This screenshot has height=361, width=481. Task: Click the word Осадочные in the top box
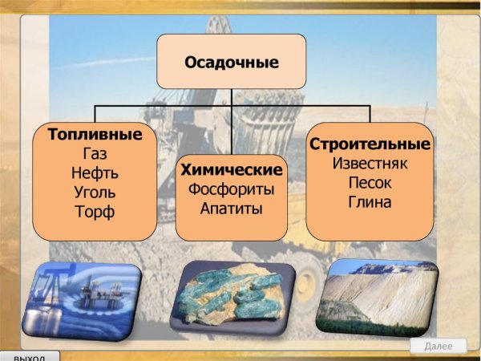coord(232,61)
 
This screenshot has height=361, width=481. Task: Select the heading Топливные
coord(95,133)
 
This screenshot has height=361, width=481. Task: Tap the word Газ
coord(95,153)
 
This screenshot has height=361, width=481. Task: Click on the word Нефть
coord(95,172)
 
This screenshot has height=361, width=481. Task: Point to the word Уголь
coord(95,193)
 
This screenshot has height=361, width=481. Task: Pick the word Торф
coord(95,213)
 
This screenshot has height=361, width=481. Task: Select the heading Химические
coord(232,170)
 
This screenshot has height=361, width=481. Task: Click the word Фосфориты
coord(232,190)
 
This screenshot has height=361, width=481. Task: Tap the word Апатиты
coord(232,209)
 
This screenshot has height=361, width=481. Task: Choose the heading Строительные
coord(370,144)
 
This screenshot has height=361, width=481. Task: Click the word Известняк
coord(370,164)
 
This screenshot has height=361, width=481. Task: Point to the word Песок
coord(370,183)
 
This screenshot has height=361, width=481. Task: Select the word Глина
coord(370,203)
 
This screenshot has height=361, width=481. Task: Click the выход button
coord(30,355)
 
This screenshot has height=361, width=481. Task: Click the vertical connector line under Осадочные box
coord(232,97)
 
